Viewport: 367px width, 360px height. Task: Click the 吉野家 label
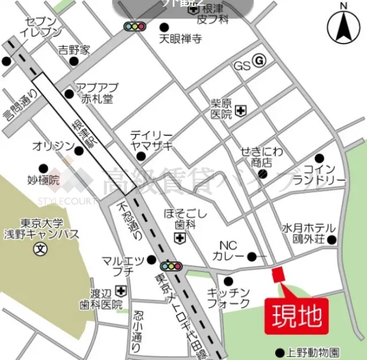tap(74, 50)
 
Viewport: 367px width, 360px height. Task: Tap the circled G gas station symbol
tap(259, 60)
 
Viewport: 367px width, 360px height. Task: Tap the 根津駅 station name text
tap(83, 138)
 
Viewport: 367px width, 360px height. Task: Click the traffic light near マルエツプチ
tap(171, 266)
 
